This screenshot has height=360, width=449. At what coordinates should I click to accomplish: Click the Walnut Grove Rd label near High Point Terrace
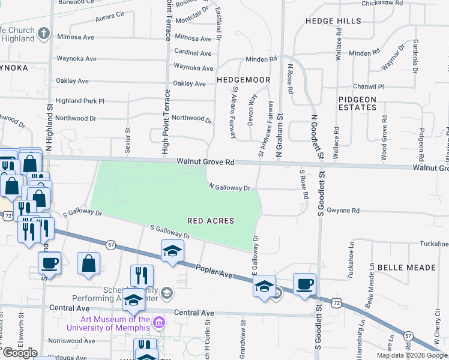click(x=205, y=163)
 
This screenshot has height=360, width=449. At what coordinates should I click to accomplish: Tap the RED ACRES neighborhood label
click(x=211, y=221)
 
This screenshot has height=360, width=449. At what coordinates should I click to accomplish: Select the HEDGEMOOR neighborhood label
click(x=243, y=79)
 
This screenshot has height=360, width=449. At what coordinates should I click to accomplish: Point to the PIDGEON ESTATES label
click(x=357, y=103)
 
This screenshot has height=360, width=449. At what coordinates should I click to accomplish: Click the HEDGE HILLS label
click(x=333, y=21)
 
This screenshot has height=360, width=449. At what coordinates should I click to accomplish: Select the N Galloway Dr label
click(x=229, y=188)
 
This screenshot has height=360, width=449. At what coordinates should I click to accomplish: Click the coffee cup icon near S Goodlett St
click(x=304, y=284)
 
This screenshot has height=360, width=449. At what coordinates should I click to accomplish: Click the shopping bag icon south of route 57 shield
click(x=89, y=263)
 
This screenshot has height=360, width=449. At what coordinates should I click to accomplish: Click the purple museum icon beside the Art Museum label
click(x=158, y=323)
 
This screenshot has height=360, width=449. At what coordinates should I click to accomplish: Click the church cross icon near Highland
click(x=43, y=34)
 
